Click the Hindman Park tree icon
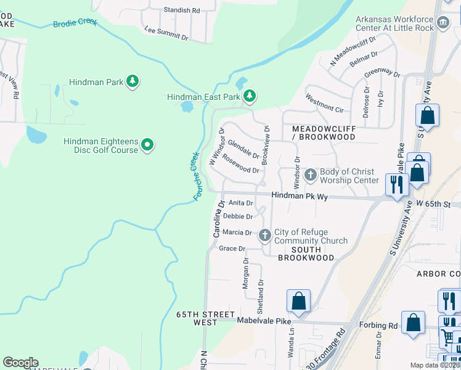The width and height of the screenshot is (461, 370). [x=132, y=81]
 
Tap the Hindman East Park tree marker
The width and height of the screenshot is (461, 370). [x=249, y=96]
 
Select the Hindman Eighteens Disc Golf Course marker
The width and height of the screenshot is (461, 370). [x=147, y=145]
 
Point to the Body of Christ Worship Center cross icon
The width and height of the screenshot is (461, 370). [x=309, y=175]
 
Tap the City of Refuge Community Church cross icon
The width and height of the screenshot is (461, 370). [x=265, y=235]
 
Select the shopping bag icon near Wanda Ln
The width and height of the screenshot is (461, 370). [x=298, y=301]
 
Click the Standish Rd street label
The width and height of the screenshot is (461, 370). [x=182, y=10]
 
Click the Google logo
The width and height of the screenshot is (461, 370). [x=20, y=363]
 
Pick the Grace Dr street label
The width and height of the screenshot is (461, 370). [x=232, y=249]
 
